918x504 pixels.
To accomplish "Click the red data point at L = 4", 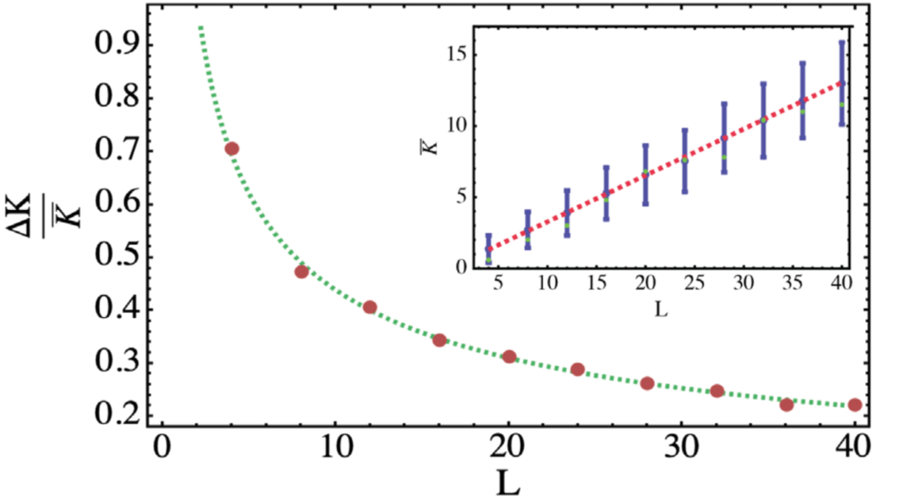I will [x=231, y=149].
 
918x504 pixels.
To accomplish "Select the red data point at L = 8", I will [x=301, y=272].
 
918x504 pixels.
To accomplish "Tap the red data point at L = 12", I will [x=370, y=307].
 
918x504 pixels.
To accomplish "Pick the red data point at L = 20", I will [x=509, y=356].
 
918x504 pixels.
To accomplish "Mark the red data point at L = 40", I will [x=855, y=405].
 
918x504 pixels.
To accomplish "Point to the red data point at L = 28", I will [x=647, y=383].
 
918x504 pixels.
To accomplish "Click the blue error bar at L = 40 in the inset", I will [x=841, y=82].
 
